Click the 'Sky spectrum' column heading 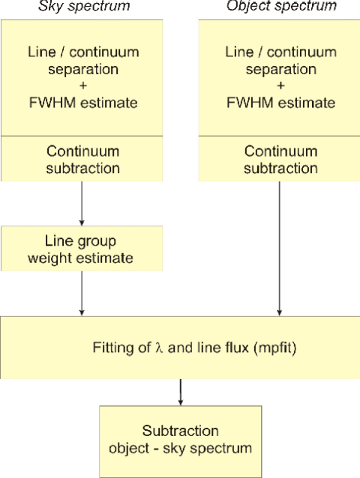80,7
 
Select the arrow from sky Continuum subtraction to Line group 80,204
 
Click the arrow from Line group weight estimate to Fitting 80,294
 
